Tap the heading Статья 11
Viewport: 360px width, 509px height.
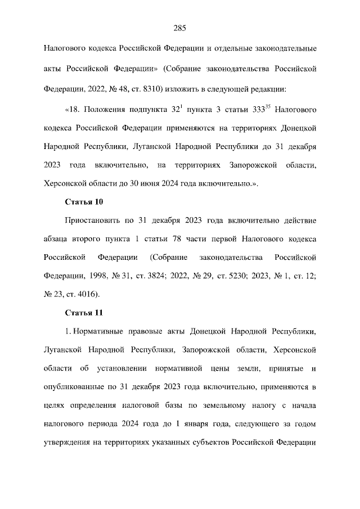[x=84, y=312]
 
